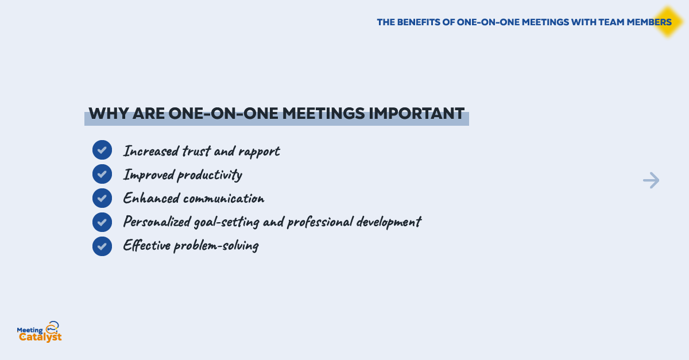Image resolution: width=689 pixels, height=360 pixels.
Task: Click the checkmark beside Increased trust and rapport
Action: pos(102,150)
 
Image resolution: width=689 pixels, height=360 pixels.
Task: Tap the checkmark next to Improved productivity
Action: pos(102,174)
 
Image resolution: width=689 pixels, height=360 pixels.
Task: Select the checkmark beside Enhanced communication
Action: pos(102,198)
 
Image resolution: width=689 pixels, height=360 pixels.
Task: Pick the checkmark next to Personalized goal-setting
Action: pos(102,222)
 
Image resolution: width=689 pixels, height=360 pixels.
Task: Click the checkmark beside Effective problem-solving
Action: pos(102,246)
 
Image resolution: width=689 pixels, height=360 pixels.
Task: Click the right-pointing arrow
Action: pos(651,180)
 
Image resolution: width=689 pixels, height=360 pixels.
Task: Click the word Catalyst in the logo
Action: pos(40,337)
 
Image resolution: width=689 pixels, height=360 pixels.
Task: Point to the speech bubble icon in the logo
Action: pos(53,327)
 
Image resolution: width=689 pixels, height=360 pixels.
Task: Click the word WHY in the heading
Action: pos(109,114)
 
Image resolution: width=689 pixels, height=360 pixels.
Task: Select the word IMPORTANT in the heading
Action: pos(416,114)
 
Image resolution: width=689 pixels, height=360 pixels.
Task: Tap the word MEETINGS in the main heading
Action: pos(324,114)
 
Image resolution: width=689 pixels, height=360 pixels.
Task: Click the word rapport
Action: pos(259,152)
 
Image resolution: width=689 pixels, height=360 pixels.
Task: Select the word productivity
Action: pos(210,175)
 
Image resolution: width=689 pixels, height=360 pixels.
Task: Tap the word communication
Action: pos(223,199)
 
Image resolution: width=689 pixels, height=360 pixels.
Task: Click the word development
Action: pos(389,222)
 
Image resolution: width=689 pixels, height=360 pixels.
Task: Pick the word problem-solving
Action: pos(216,246)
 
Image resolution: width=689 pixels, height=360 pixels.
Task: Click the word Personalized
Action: pos(157,222)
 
